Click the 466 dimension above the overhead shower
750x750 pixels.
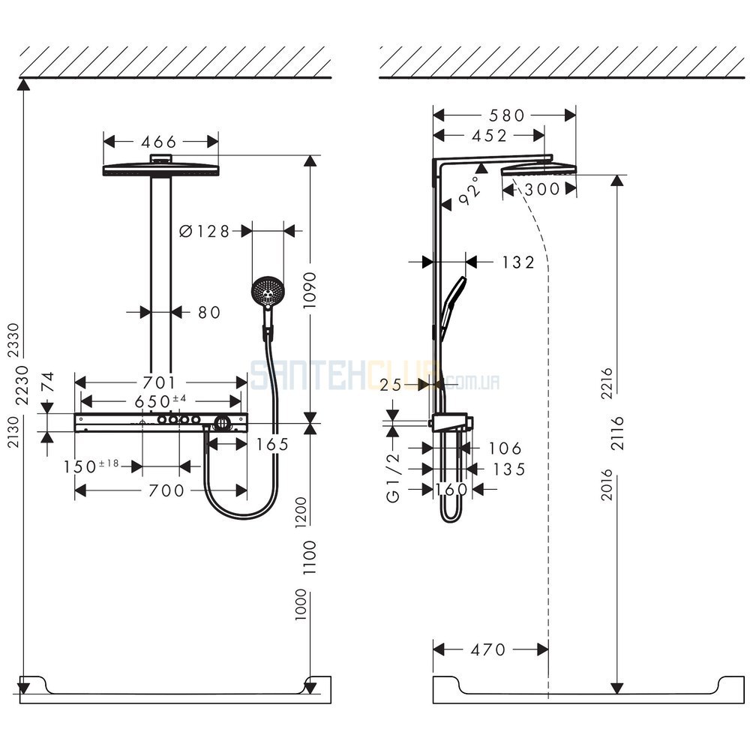(x=159, y=142)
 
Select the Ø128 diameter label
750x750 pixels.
(x=204, y=232)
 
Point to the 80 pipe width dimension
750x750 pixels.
(x=209, y=312)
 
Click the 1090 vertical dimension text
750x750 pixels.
(x=310, y=290)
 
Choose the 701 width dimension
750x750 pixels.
(x=160, y=382)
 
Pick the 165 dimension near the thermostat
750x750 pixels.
(x=272, y=445)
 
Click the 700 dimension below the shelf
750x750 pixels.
(x=166, y=490)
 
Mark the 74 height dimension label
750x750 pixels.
(x=48, y=382)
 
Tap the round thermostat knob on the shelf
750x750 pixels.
(x=222, y=423)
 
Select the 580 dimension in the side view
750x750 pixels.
(x=507, y=115)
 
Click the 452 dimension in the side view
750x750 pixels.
(x=489, y=136)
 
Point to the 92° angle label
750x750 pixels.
(x=469, y=190)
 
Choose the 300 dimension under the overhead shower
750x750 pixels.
(x=542, y=190)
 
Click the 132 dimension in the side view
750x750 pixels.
(x=518, y=262)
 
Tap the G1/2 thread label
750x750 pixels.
(x=393, y=478)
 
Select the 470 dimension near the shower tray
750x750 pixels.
(x=488, y=649)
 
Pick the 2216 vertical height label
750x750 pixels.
(x=607, y=383)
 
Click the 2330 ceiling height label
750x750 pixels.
(x=13, y=340)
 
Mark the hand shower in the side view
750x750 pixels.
(x=452, y=308)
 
